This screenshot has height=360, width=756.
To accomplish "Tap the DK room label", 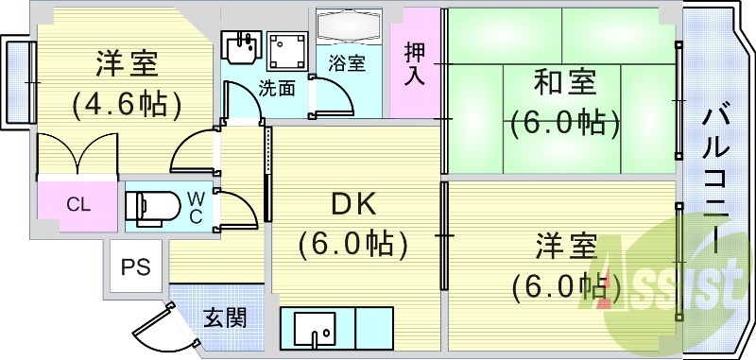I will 353,204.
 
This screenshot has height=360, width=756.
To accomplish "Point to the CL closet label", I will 78,204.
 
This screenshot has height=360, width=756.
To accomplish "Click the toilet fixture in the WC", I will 150,204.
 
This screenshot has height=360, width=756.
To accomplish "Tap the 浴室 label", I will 347,64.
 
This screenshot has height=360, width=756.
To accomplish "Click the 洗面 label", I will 278,89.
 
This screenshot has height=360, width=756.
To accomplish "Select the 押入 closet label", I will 415,63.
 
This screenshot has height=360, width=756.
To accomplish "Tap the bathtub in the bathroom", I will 347,27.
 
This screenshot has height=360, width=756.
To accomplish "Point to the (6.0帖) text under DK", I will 353,244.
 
